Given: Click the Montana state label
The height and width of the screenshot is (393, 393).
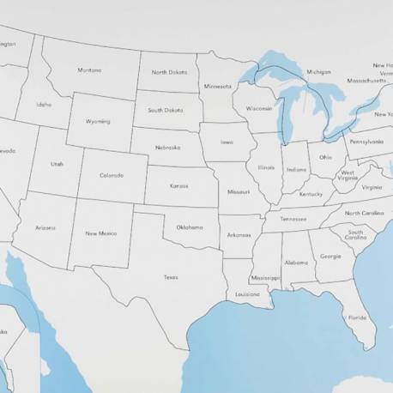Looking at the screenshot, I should [x=89, y=70].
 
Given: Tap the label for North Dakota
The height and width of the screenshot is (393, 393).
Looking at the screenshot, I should [x=169, y=72].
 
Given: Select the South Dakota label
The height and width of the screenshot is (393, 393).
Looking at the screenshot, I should [x=165, y=110].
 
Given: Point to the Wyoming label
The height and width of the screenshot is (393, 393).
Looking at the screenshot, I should [x=98, y=122].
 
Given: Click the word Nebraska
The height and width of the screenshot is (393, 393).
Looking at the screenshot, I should [x=167, y=147].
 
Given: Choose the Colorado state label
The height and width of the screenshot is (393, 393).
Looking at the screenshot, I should [x=112, y=175].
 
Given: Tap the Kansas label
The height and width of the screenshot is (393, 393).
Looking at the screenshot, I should [x=178, y=185].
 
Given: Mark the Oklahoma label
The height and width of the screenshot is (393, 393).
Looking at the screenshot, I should [x=190, y=227].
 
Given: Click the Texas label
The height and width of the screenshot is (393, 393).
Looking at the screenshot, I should [x=171, y=277].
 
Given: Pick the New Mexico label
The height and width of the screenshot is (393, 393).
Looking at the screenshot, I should [x=101, y=233].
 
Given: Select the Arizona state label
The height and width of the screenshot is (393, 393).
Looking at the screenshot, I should [x=45, y=227].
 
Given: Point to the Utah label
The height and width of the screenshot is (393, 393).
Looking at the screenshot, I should [x=57, y=164].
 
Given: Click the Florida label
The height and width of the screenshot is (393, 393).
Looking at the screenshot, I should [x=357, y=317].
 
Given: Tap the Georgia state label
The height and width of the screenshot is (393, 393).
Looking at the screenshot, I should [x=330, y=256].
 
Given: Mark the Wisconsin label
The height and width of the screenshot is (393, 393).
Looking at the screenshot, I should [x=258, y=109].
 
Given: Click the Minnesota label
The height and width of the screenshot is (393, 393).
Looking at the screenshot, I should [x=217, y=87].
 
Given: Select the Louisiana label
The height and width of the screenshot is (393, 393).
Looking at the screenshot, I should [x=246, y=293].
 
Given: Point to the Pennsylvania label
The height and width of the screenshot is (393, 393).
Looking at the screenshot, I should [x=366, y=142].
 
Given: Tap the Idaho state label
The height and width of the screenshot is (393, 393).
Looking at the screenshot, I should [x=43, y=105].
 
